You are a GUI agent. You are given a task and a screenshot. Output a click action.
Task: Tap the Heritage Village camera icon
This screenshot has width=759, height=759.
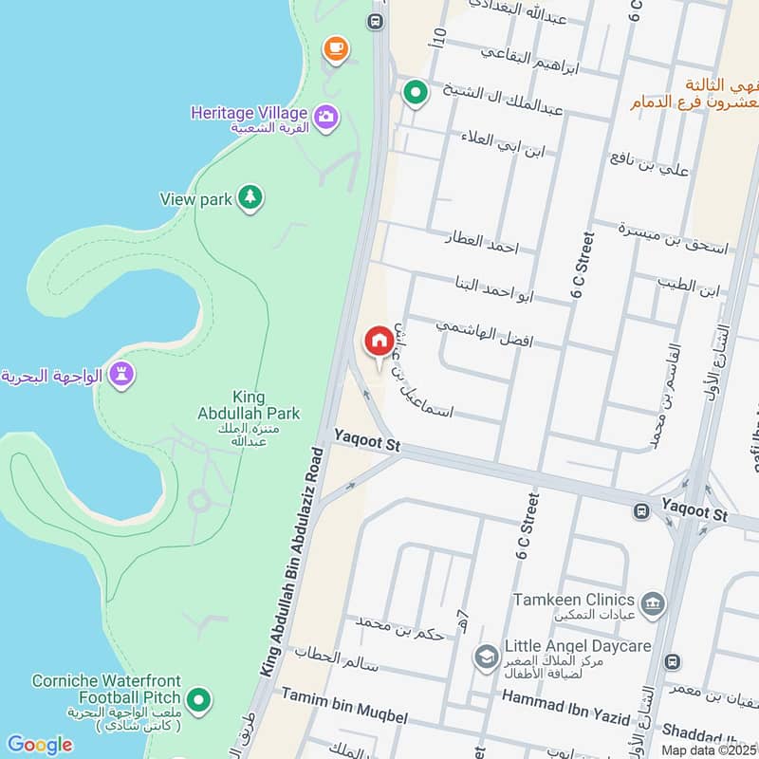click(x=326, y=117)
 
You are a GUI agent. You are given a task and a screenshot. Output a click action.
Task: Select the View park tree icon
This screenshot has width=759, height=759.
click(x=250, y=197)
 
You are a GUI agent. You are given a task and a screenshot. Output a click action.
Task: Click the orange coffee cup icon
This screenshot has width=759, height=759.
click(x=334, y=46)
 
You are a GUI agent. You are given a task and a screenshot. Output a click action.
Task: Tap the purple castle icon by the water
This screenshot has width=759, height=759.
click(x=120, y=375)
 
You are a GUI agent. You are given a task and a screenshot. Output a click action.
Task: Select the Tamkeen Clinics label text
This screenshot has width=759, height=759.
click(x=573, y=600)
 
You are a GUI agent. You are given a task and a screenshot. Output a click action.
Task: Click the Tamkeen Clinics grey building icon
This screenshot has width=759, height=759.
click(x=652, y=603)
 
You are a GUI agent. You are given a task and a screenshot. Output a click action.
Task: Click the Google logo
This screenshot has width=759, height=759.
click(x=39, y=745)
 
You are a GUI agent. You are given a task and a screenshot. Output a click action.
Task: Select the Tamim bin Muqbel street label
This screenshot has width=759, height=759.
click(x=343, y=708)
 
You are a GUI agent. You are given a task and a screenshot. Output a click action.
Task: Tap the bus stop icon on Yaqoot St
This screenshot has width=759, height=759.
click(x=642, y=511)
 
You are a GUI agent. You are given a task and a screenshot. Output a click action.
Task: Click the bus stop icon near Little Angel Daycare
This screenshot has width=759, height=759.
click(x=672, y=660)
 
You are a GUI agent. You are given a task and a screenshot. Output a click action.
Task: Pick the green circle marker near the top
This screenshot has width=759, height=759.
click(x=414, y=92)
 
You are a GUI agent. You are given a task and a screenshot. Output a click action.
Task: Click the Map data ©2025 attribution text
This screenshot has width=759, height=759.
click(x=710, y=750)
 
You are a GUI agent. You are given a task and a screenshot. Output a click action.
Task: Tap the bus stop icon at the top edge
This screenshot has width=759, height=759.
click(x=377, y=20)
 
